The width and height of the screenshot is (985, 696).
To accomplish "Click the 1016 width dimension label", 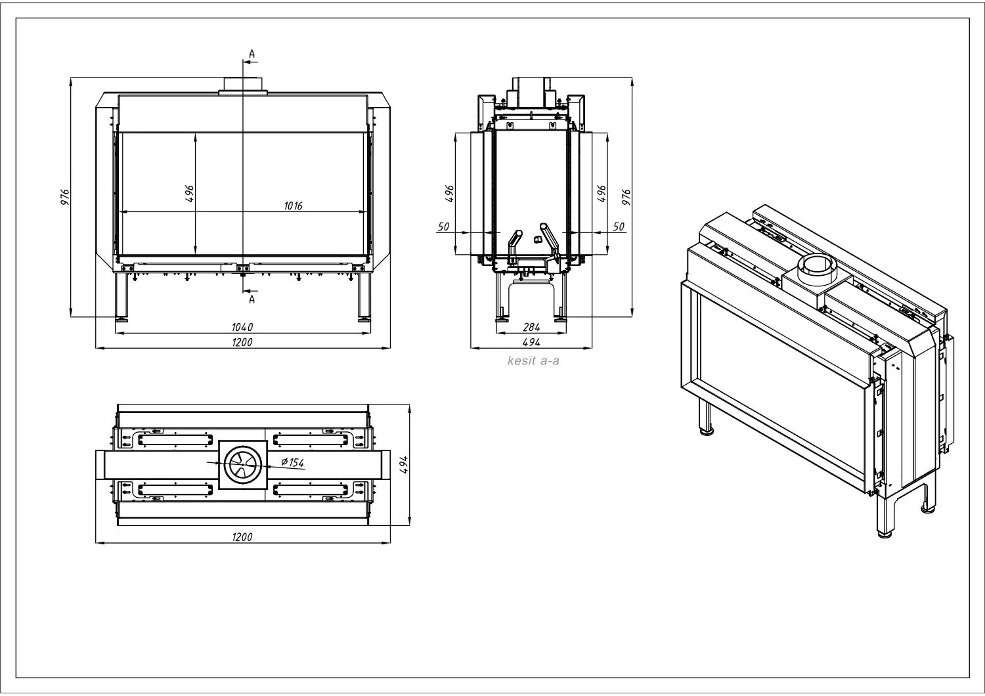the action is tap(293, 206).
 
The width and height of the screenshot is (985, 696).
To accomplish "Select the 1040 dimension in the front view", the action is tap(242, 327).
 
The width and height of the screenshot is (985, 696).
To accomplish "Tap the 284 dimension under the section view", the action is tap(531, 327).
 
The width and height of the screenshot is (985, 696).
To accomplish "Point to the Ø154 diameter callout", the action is tap(292, 462).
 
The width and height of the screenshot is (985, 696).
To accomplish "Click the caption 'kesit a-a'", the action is tap(533, 361).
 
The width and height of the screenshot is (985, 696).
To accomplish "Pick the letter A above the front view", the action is tap(252, 54).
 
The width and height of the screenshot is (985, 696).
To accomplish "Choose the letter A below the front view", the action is tap(252, 299).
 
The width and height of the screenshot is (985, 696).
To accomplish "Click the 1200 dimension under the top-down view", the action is tap(242, 537).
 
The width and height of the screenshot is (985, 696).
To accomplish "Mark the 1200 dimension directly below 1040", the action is tap(242, 342).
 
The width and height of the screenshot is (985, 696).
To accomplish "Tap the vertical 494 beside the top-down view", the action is tap(405, 465).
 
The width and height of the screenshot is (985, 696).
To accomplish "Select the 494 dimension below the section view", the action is tap(531, 342).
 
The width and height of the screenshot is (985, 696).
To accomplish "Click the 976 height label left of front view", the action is tap(65, 197).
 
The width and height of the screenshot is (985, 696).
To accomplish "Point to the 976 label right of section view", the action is tap(626, 197).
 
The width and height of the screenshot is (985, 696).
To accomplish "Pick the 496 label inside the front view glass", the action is tap(190, 194).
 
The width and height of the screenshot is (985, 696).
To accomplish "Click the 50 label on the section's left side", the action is tap(443, 227).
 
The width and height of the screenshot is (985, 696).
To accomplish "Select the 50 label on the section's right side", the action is tap(619, 227).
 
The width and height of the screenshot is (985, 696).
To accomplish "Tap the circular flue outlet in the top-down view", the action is tap(243, 464).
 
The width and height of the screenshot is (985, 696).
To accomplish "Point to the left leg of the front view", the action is tap(121, 297).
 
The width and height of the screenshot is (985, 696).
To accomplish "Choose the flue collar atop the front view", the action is tap(243, 86).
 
